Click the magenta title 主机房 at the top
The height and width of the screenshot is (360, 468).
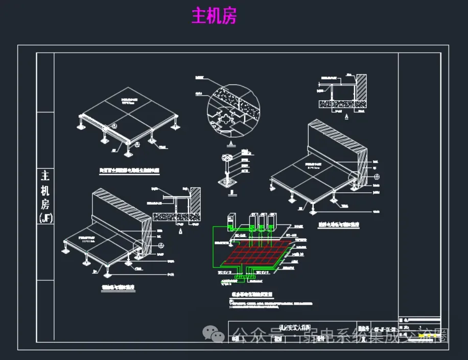click(214, 16)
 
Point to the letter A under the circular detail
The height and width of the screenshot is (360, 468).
click(231, 145)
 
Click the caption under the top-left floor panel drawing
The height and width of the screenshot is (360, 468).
click(129, 172)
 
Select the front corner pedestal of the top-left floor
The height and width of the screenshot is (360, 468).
click(129, 150)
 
